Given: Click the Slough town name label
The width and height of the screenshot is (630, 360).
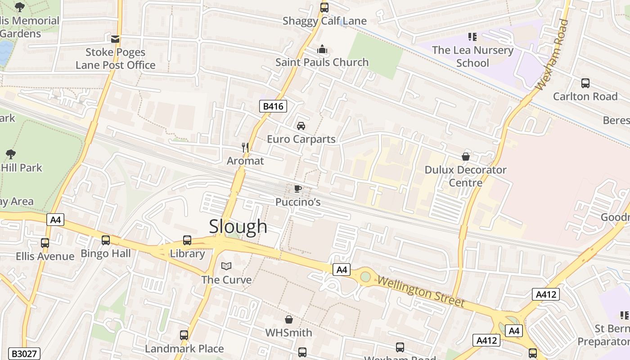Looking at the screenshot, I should pos(238,226).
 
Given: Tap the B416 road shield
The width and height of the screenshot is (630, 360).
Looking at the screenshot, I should pos(273,106).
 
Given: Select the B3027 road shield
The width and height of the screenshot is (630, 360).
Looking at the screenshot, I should pos(25,354).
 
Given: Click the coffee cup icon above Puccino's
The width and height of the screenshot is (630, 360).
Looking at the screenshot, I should pos(297,189).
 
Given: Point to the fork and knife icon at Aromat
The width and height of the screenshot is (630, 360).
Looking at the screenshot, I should pos(245,148).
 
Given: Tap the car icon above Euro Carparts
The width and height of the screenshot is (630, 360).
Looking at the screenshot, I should pos(301,126).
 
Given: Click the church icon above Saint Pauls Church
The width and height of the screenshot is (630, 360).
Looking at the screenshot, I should pos(322,49).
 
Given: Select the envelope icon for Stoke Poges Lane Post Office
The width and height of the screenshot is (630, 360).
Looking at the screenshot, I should pos(115,39).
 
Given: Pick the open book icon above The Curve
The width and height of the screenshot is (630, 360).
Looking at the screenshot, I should pos(226,266).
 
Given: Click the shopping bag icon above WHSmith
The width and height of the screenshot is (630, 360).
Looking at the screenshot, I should pos(289,319).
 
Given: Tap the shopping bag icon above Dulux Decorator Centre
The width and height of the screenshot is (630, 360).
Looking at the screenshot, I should pos(466,157).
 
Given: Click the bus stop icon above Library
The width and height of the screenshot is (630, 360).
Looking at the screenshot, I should pos(187,240).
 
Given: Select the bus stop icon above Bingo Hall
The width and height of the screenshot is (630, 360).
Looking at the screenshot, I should pos(106,240).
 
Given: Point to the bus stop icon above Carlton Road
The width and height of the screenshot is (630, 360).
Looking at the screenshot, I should pos(585,83).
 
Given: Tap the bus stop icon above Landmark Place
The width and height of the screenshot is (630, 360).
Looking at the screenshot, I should pos(184,335).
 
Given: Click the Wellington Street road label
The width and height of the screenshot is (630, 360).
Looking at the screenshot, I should pos(421,292).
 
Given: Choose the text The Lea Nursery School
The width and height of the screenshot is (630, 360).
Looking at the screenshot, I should pos(472,56).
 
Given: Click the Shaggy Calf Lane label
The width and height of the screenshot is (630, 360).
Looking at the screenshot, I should pos(324,21).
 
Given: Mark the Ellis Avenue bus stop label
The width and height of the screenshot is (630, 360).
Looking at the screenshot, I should pos(45,256).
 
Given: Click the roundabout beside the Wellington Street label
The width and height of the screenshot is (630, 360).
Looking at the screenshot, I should pos(365,276).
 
